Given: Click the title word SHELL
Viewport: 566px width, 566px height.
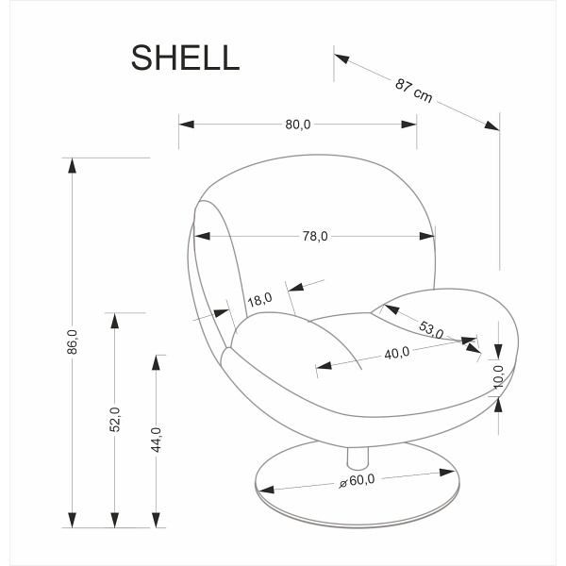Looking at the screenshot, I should click(x=185, y=58).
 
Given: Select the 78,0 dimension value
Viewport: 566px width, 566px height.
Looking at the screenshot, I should click(x=315, y=236).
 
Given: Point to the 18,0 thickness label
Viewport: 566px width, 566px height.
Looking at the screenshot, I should click(x=259, y=300).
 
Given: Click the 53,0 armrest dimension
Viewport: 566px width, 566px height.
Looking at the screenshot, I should click(x=431, y=329).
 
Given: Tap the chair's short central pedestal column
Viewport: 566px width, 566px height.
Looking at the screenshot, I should click(x=356, y=458).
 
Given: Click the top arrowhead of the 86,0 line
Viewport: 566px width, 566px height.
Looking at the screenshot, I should click(x=72, y=165).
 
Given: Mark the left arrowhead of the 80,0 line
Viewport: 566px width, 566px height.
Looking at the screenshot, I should click(x=186, y=124).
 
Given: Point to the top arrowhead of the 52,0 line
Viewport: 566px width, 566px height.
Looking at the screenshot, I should click(x=115, y=321).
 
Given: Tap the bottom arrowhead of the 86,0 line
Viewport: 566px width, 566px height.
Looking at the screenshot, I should click(x=72, y=520).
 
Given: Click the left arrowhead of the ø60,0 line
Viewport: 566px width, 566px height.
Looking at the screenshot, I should click(x=266, y=491).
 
